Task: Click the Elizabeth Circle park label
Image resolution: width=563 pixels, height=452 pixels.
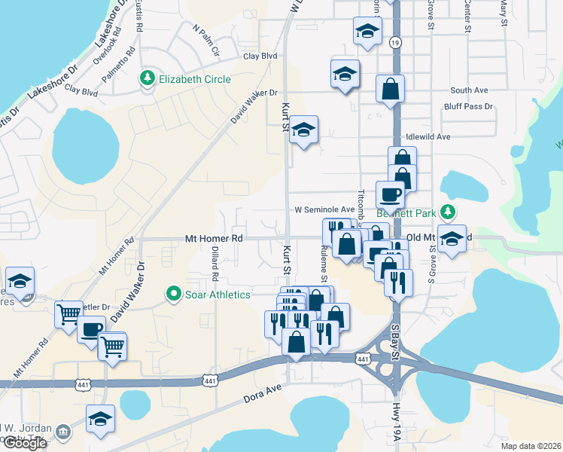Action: point(193,78)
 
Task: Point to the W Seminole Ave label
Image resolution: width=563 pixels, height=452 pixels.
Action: point(324,209)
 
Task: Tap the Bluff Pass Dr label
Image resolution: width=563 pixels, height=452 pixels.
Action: point(468,107)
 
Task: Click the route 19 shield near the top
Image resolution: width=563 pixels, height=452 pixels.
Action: point(395,44)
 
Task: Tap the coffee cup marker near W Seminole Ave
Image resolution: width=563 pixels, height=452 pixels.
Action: point(391,194)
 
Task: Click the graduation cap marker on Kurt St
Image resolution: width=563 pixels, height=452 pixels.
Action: point(303,130)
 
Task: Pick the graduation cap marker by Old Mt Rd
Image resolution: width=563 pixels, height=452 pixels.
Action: point(452,239)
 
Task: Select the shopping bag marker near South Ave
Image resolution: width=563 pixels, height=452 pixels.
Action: point(391,88)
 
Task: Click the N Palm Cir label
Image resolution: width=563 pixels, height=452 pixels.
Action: point(205,42)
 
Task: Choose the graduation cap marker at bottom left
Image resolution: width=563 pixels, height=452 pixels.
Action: point(100,419)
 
